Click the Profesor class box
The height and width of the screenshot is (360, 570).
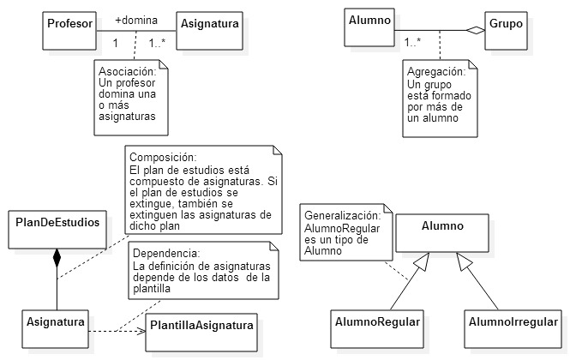pos(70,25)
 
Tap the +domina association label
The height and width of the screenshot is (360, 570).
pos(136,19)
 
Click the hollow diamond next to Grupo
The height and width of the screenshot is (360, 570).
pos(476,31)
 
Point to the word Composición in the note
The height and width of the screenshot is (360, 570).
pos(160,158)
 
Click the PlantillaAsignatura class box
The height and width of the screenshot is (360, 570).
pos(202,327)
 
